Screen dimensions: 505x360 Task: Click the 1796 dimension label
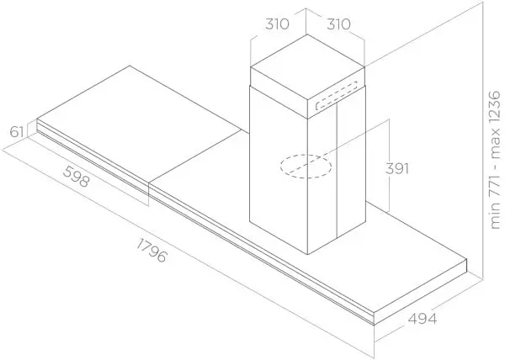pos(151,251)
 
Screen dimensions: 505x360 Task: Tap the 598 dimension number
pos(76,177)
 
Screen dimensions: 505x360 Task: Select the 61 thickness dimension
pos(17,132)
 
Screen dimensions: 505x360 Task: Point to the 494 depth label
pos(423,319)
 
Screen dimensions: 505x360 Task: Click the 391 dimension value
pos(397,168)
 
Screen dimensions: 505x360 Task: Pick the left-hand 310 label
pos(277,24)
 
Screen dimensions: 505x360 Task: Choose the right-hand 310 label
pos(338,24)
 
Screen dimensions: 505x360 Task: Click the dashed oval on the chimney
pos(306,166)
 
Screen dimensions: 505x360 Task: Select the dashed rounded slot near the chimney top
pos(336,96)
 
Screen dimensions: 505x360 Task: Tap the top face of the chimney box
pos(307,66)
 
